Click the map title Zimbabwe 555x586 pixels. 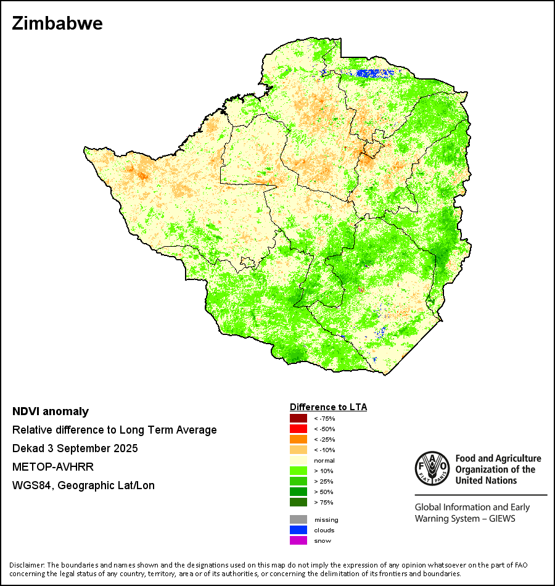pos(57,23)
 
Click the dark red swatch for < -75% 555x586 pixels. pos(298,419)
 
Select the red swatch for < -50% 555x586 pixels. pos(298,429)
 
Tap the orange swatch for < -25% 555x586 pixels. pos(298,439)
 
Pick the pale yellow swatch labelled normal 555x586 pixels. pos(298,460)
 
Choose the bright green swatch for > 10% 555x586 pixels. pos(298,471)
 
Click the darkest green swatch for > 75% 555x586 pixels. pos(298,502)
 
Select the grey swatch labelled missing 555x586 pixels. pos(298,519)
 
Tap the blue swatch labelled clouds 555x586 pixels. pos(298,530)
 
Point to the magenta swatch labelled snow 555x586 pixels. pos(298,540)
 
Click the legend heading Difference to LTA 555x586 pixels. pos(328,407)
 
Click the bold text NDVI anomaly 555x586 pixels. pos(51,411)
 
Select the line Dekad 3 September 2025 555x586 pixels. pos(75,448)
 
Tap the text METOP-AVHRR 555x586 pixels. pos(53,467)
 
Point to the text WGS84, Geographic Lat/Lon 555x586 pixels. pos(83,485)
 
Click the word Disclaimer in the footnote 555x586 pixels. pos(27,565)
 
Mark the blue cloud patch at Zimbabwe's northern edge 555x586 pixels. pos(373,73)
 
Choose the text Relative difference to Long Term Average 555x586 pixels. pos(114,430)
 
